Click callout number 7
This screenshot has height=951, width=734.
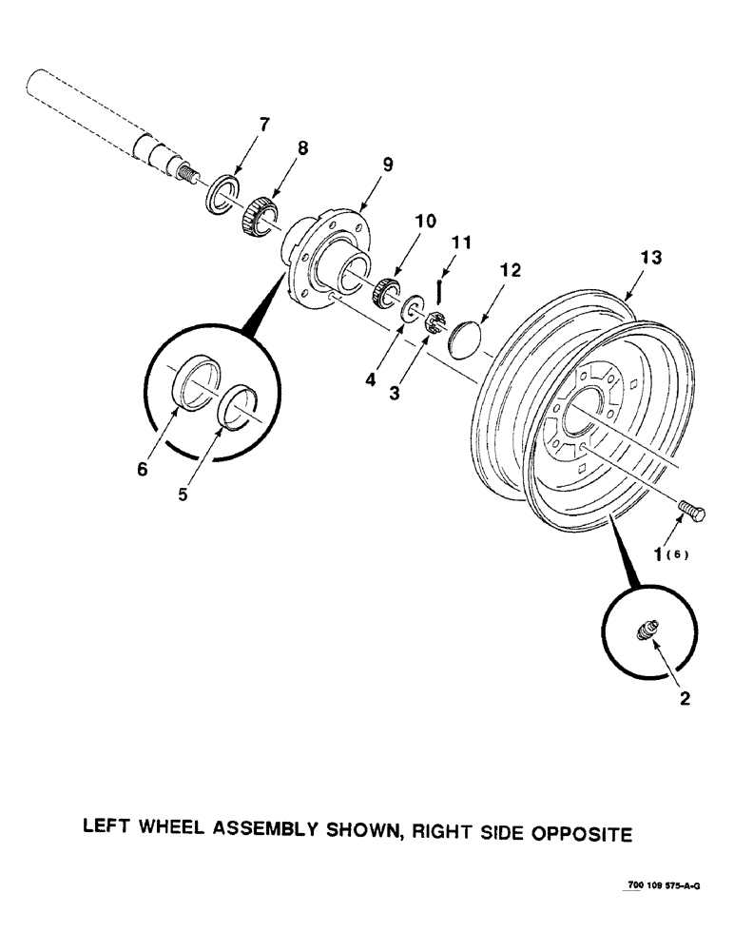tap(265, 125)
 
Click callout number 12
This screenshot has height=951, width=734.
tap(511, 271)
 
